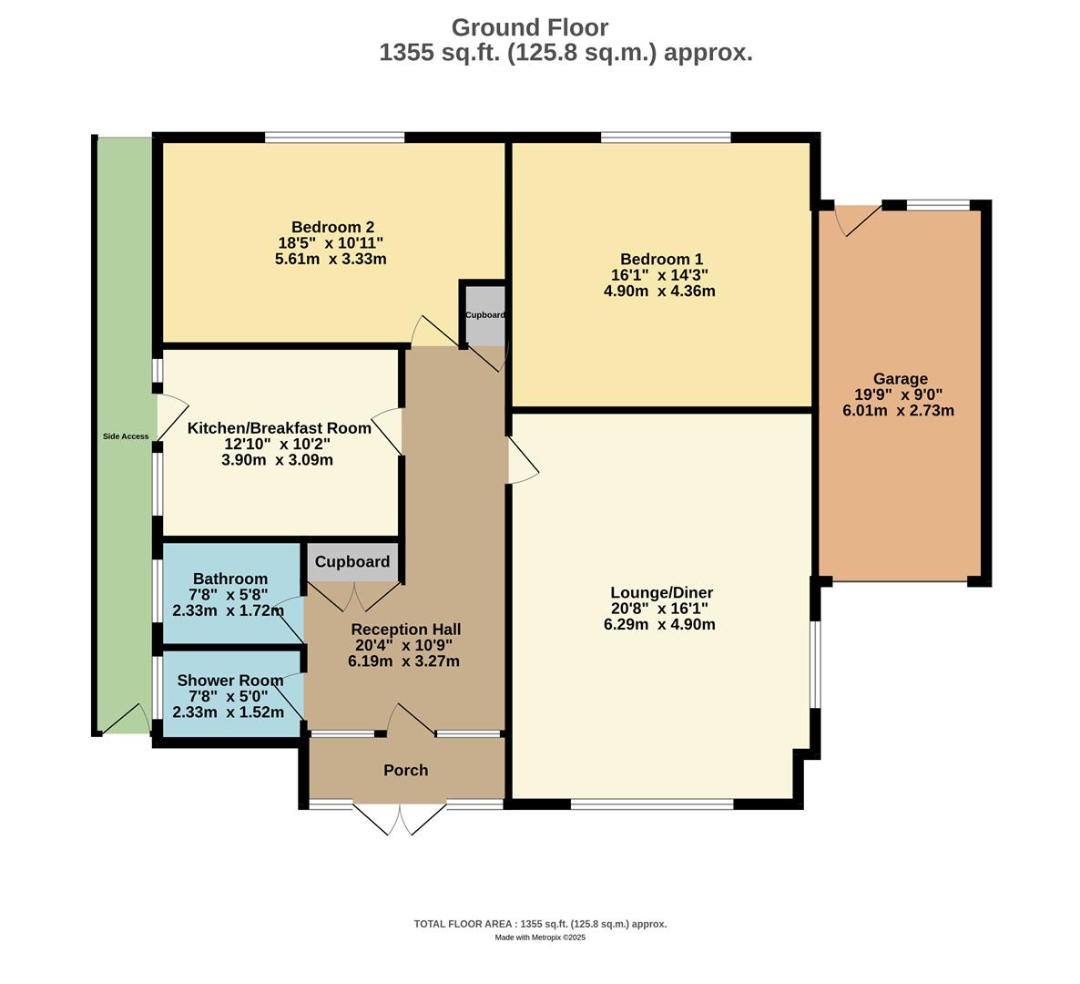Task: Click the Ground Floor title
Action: [529, 27]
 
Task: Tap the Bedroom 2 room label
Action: [332, 227]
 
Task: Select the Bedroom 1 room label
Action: [661, 260]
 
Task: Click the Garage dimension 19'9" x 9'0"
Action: [899, 395]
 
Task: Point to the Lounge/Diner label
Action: [661, 592]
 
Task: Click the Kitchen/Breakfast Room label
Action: [279, 428]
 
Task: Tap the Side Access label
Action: [125, 436]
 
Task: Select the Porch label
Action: [405, 770]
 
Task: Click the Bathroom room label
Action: [230, 579]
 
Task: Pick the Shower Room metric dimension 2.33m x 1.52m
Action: [229, 712]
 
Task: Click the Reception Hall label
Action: [405, 630]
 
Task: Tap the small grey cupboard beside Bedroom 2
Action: [484, 314]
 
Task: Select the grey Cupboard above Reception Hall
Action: [352, 562]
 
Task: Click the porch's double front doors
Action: [400, 817]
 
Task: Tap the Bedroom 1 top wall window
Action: [665, 138]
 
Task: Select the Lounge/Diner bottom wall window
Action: [651, 805]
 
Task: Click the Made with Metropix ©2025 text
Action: [540, 938]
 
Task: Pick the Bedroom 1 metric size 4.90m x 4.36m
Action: [659, 292]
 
